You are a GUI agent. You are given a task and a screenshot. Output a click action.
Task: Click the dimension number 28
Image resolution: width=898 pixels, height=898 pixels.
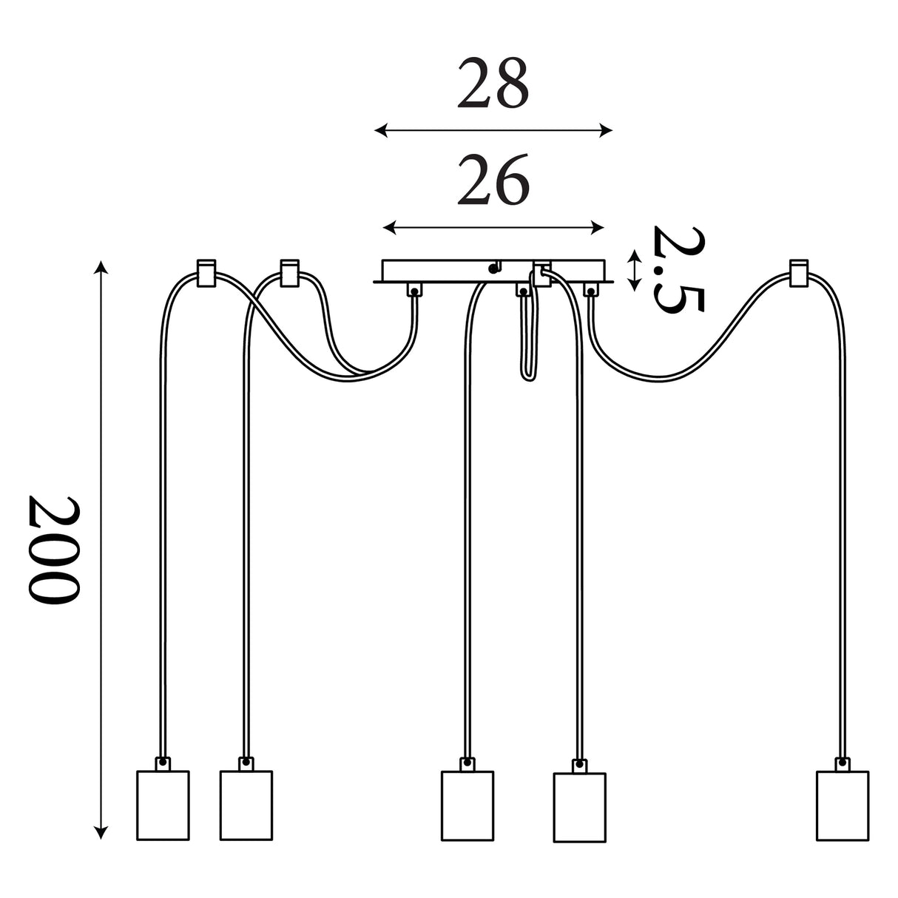coord(493,83)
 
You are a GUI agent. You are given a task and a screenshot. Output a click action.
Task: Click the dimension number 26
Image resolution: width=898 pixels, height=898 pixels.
coord(493,180)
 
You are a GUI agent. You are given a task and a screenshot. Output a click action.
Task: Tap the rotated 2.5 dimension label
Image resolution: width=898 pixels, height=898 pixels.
coord(678,269)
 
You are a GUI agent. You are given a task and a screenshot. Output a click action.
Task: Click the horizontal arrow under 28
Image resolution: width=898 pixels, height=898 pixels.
coord(493,131)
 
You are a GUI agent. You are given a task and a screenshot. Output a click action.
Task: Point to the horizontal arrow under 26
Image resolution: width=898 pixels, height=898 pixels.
coord(493,227)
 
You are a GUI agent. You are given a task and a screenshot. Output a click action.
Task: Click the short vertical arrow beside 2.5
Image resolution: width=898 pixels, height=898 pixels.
coord(634,270)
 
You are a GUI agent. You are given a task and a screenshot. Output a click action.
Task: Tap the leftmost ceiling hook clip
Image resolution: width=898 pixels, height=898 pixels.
coord(206,273)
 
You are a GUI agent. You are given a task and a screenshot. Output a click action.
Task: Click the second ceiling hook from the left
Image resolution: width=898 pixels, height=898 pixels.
coord(289,273)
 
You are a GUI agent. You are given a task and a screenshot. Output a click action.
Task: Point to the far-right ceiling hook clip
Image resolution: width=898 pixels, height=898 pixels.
coord(799,273)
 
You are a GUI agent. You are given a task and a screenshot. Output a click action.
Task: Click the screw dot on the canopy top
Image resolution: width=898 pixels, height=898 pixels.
coord(493,268)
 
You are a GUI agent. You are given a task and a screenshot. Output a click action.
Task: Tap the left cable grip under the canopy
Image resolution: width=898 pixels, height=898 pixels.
coord(413,289)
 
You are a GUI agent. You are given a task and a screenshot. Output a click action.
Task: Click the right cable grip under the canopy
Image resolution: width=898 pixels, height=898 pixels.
coord(590,289)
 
